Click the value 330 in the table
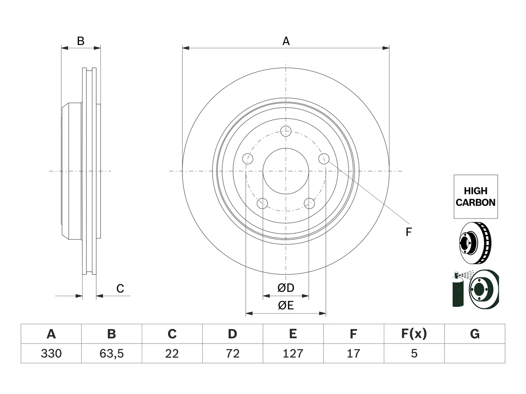coord(51,353)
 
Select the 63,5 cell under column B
coord(112,353)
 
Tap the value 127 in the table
coord(293,353)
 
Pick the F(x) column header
coord(414,334)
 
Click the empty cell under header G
coord(475,353)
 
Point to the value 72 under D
coord(233,353)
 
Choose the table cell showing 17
coord(354,353)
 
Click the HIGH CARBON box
coord(476,197)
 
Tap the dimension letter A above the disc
coord(286,41)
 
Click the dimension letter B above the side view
coord(81,41)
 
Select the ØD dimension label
coord(286,288)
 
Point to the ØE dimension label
coord(286,305)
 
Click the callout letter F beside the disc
coord(409,232)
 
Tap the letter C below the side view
coord(120,289)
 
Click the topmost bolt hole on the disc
coord(286,131)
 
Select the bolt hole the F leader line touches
coord(324,158)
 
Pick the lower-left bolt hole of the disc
coord(262,203)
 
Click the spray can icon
coord(458,290)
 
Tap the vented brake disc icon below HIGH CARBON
coord(475,243)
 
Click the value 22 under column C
coord(172,353)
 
